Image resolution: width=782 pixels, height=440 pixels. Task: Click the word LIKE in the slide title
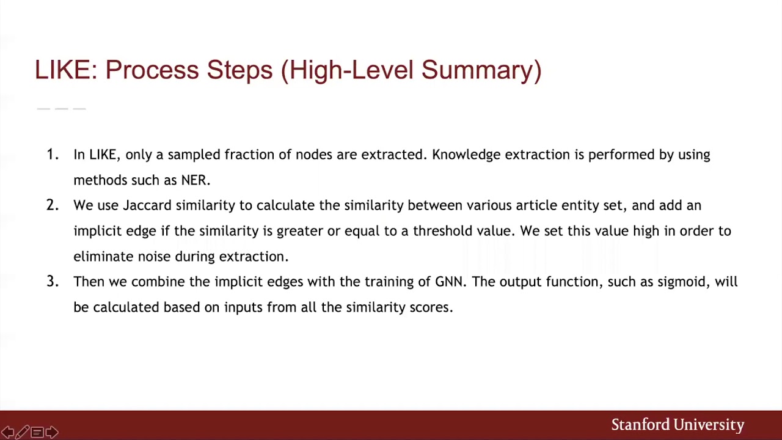click(62, 70)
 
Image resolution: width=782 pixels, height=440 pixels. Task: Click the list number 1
click(52, 155)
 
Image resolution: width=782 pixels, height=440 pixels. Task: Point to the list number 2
click(52, 205)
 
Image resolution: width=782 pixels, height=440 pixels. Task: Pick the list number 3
click(52, 282)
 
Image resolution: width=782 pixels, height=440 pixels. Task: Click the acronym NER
click(195, 180)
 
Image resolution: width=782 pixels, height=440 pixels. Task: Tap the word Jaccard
click(147, 205)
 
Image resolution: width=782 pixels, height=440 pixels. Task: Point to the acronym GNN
click(450, 282)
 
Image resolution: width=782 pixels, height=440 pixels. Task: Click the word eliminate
click(103, 257)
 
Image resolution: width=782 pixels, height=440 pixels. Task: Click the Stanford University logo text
click(678, 425)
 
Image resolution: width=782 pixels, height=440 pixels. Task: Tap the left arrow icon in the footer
click(8, 433)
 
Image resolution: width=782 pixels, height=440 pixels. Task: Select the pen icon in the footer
click(22, 433)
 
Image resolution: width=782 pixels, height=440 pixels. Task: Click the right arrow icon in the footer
click(52, 433)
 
